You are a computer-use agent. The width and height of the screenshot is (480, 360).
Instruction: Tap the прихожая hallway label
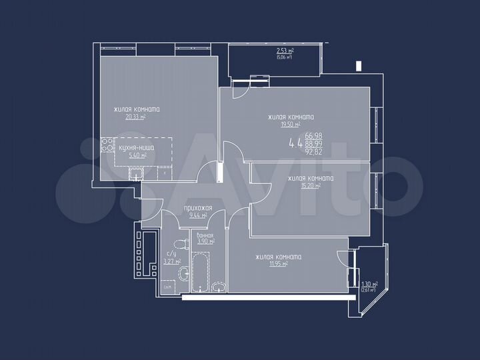click(198, 208)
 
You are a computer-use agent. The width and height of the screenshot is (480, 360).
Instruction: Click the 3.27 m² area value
click(172, 262)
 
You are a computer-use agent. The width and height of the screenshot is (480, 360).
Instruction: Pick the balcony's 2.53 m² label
click(285, 51)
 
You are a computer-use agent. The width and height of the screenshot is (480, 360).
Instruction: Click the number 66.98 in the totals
click(313, 136)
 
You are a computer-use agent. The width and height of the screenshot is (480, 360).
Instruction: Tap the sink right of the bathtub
click(221, 287)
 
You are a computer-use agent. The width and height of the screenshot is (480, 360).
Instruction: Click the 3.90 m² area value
click(205, 241)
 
